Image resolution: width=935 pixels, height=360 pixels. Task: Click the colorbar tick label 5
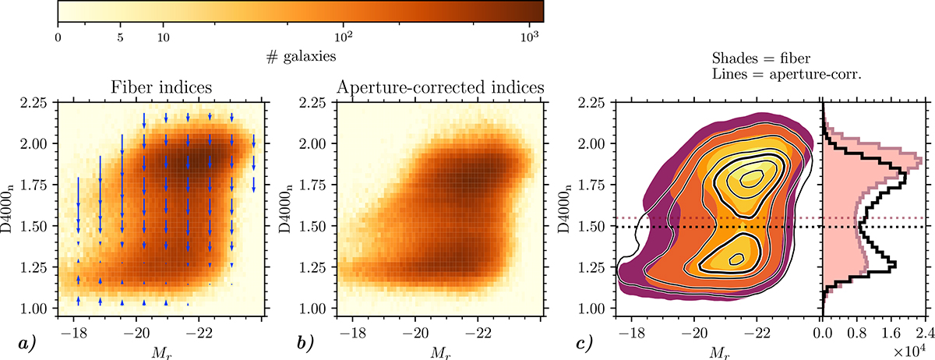[120, 36]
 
